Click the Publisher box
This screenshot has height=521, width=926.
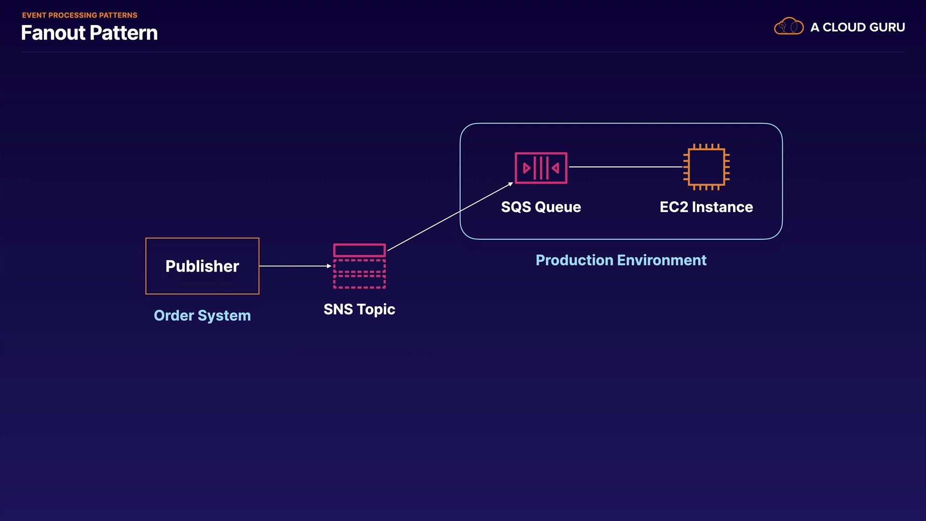[x=202, y=266]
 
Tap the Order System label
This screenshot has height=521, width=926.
[x=202, y=315]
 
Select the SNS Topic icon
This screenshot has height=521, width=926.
[x=359, y=266]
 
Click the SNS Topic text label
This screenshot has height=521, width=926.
[x=359, y=309]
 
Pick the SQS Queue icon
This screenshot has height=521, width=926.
[x=541, y=168]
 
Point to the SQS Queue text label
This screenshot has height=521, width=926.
[x=541, y=207]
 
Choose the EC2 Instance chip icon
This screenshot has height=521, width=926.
[x=706, y=167]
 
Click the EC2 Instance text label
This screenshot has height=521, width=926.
[x=706, y=207]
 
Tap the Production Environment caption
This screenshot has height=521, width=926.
[x=621, y=260]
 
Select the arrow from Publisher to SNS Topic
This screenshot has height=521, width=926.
[x=295, y=266]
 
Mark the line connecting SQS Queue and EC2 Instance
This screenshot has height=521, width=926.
[x=626, y=167]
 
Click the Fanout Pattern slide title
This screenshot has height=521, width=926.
[x=89, y=33]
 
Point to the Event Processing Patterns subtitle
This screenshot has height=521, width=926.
[x=80, y=15]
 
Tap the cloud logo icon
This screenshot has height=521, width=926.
[x=789, y=27]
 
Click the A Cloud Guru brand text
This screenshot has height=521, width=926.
[x=858, y=27]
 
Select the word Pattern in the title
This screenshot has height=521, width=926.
[x=123, y=33]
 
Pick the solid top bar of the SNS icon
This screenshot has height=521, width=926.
[x=359, y=250]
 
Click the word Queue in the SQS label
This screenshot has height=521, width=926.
[x=558, y=207]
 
